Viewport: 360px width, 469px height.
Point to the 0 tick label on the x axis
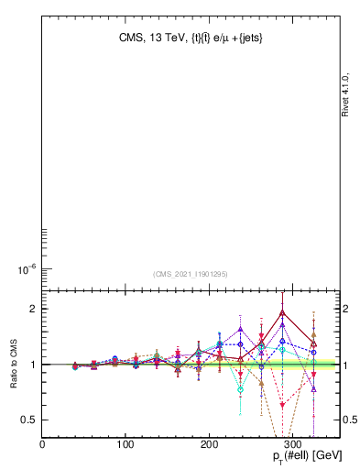click(42, 445)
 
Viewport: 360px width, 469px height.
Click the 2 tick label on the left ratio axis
click(33, 309)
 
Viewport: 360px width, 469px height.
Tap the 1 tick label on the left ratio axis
click(33, 365)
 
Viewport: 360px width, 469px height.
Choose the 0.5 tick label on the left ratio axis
click(29, 420)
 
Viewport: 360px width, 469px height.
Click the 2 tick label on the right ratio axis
click(345, 309)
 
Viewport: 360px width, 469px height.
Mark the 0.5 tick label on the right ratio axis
click(350, 420)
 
